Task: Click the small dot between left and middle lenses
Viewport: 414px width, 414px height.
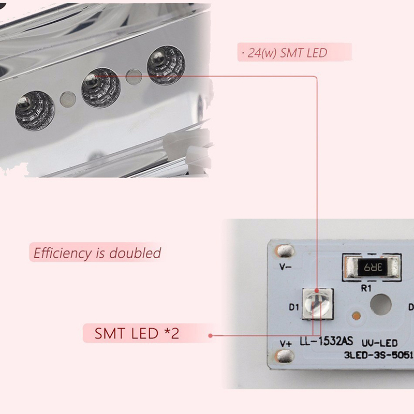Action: [67, 98]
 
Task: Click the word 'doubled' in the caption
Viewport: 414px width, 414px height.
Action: [136, 254]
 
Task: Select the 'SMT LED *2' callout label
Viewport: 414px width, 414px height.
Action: [137, 333]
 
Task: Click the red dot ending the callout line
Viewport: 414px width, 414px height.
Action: [211, 335]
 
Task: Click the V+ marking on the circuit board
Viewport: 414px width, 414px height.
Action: [286, 343]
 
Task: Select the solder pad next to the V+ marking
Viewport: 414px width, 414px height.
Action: [284, 357]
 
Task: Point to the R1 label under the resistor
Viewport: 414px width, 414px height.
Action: [366, 289]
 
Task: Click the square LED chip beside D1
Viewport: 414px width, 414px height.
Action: [316, 306]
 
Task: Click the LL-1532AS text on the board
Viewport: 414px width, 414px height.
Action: [327, 342]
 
